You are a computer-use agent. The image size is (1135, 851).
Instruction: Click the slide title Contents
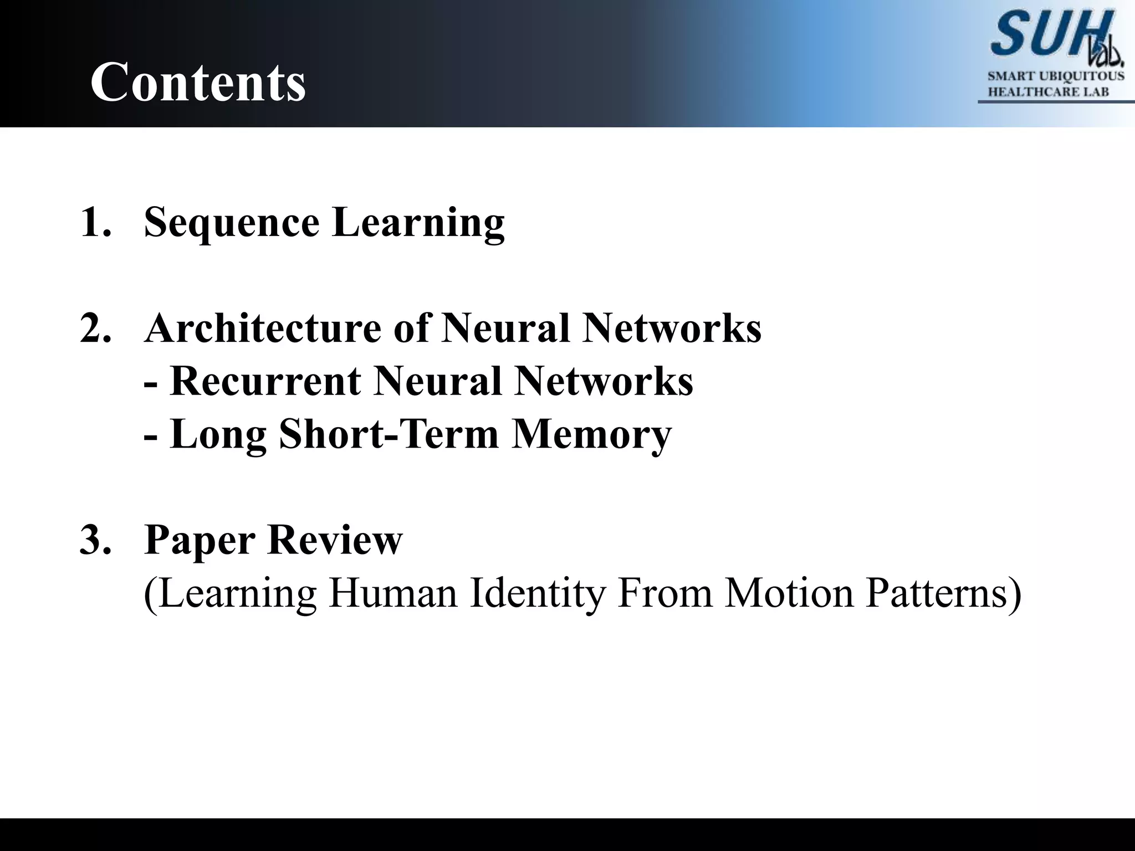(198, 82)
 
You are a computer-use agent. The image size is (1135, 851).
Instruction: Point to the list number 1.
(95, 222)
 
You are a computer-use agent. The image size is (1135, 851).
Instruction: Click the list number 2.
(95, 328)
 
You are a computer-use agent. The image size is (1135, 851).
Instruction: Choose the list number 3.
(95, 540)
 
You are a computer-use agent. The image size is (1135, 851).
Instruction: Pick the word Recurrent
(265, 381)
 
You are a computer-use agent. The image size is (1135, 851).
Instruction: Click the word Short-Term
(388, 434)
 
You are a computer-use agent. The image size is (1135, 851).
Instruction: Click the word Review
(335, 540)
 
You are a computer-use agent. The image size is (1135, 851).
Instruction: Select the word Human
(393, 593)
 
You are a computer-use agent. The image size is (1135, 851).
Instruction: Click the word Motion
(789, 593)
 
